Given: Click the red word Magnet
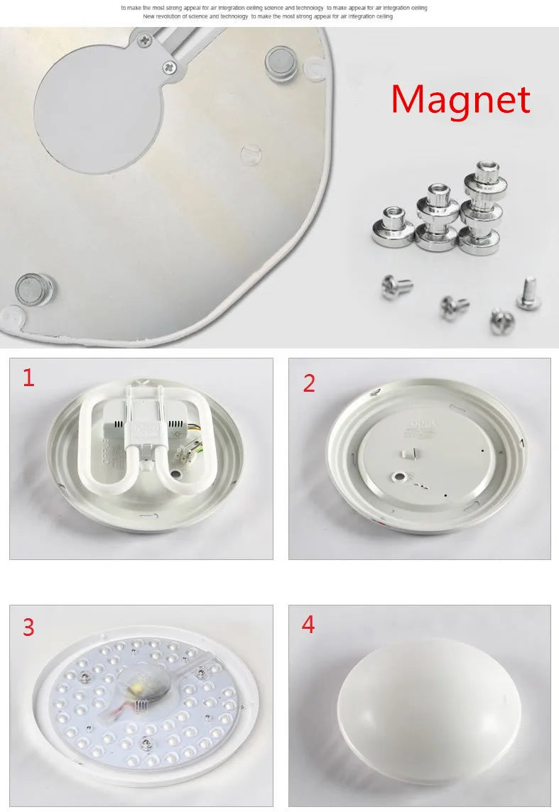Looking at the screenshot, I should (x=460, y=100).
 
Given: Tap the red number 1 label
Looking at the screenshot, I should (x=28, y=378).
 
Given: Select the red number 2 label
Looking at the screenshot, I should (x=309, y=383).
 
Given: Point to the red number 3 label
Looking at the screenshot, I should (x=28, y=627).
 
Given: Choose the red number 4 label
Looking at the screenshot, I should (x=308, y=625).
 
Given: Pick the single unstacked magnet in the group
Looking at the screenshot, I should (x=393, y=226).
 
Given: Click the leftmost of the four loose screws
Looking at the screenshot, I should (x=397, y=287).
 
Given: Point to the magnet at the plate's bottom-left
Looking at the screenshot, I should (x=33, y=289).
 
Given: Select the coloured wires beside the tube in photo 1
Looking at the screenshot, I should (x=196, y=437).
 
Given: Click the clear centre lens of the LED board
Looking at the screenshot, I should (x=146, y=686).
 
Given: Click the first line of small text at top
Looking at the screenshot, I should (x=274, y=7).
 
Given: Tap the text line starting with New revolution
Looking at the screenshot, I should (x=267, y=16).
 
